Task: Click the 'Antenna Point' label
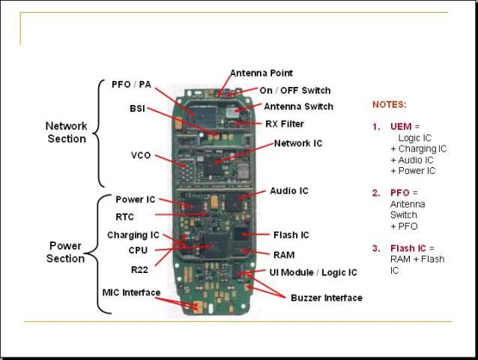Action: (x=261, y=73)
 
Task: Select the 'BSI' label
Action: (x=137, y=109)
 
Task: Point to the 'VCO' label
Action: (x=141, y=155)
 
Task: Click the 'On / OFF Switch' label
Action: (x=294, y=90)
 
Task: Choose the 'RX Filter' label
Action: (x=285, y=124)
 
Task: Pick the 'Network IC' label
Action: (x=298, y=142)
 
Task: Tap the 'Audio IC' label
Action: (x=289, y=191)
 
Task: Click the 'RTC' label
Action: (x=124, y=216)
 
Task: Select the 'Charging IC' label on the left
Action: (x=133, y=235)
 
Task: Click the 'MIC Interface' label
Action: (x=131, y=292)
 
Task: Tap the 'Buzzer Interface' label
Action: (x=326, y=298)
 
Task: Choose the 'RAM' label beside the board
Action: (x=284, y=255)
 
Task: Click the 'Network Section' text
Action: (x=67, y=133)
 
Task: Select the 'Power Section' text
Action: (x=66, y=252)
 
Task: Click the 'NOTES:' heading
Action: (x=389, y=105)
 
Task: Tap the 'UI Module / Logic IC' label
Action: (x=313, y=272)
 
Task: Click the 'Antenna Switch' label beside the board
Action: (x=298, y=106)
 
